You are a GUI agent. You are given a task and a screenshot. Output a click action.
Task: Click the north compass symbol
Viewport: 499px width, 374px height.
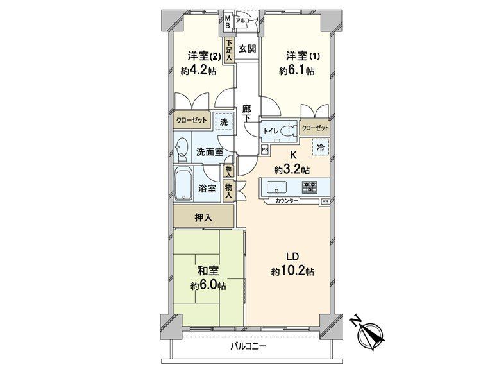click(x=369, y=334)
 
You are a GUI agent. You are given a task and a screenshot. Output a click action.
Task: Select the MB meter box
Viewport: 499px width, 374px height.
click(x=228, y=22)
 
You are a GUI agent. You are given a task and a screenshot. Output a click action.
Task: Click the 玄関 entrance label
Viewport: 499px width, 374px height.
click(x=248, y=49)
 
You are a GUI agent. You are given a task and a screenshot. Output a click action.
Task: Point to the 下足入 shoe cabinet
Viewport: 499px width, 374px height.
click(x=229, y=50)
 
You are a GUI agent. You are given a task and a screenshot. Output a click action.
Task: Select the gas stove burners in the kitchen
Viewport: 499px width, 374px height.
click(x=310, y=186)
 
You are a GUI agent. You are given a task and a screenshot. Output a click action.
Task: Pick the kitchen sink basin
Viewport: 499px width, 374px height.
click(x=276, y=187)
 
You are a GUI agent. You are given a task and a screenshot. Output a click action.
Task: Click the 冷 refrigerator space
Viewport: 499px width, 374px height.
click(x=321, y=147)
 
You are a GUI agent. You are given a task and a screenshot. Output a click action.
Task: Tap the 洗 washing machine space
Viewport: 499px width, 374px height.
click(x=224, y=121)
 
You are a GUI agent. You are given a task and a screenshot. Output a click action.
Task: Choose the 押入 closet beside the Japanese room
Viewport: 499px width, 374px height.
click(x=204, y=217)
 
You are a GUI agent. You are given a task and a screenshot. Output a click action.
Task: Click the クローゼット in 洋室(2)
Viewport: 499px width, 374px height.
click(x=192, y=120)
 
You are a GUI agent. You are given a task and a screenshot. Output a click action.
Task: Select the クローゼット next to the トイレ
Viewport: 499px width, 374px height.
click(x=315, y=128)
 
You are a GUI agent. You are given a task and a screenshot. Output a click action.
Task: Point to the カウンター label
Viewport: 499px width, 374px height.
click(x=287, y=201)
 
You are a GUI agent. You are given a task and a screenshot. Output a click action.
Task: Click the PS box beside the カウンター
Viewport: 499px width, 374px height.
click(x=325, y=201)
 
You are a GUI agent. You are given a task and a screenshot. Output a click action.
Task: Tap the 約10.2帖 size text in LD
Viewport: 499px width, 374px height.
click(x=292, y=271)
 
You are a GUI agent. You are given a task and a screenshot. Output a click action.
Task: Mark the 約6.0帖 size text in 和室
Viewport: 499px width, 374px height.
click(x=208, y=286)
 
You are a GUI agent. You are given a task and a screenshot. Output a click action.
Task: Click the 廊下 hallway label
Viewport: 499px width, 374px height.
click(x=247, y=114)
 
